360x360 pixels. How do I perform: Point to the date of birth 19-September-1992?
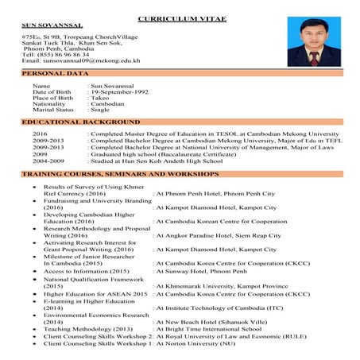pyautogui.click(x=121, y=91)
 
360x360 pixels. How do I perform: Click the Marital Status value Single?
pyautogui.click(x=104, y=110)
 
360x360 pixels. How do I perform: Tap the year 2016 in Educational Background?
pyautogui.click(x=41, y=134)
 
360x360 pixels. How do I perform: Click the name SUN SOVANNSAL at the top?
pyautogui.click(x=50, y=26)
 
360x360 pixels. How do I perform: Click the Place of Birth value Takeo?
pyautogui.click(x=100, y=98)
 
